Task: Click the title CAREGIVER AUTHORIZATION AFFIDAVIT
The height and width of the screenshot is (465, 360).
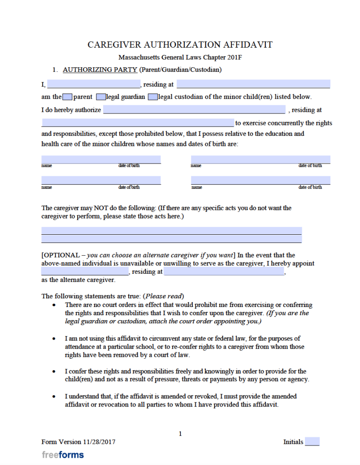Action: [x=180, y=45]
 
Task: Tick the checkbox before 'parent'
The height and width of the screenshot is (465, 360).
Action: [x=67, y=97]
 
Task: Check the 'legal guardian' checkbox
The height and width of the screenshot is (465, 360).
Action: [x=100, y=97]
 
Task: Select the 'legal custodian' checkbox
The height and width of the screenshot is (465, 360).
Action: [x=153, y=97]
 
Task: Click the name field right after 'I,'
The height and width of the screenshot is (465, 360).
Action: [x=94, y=84]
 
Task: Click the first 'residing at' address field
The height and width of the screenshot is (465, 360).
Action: [x=253, y=84]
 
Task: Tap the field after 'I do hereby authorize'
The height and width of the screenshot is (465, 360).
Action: [x=194, y=110]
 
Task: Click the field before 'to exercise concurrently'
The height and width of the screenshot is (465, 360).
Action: [x=137, y=123]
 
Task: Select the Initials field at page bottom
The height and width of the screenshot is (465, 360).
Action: [x=312, y=441]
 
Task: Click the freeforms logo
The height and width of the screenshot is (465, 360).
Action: [x=63, y=455]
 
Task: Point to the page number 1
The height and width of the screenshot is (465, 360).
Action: [x=180, y=434]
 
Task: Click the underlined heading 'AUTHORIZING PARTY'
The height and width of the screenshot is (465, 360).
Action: [x=100, y=70]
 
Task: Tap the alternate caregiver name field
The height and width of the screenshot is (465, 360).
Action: [x=85, y=272]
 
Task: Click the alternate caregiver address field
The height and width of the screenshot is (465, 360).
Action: [x=224, y=272]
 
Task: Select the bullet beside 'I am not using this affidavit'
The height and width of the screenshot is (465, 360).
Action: [x=55, y=339]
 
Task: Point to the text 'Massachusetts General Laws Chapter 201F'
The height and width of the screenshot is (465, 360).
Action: [x=180, y=58]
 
